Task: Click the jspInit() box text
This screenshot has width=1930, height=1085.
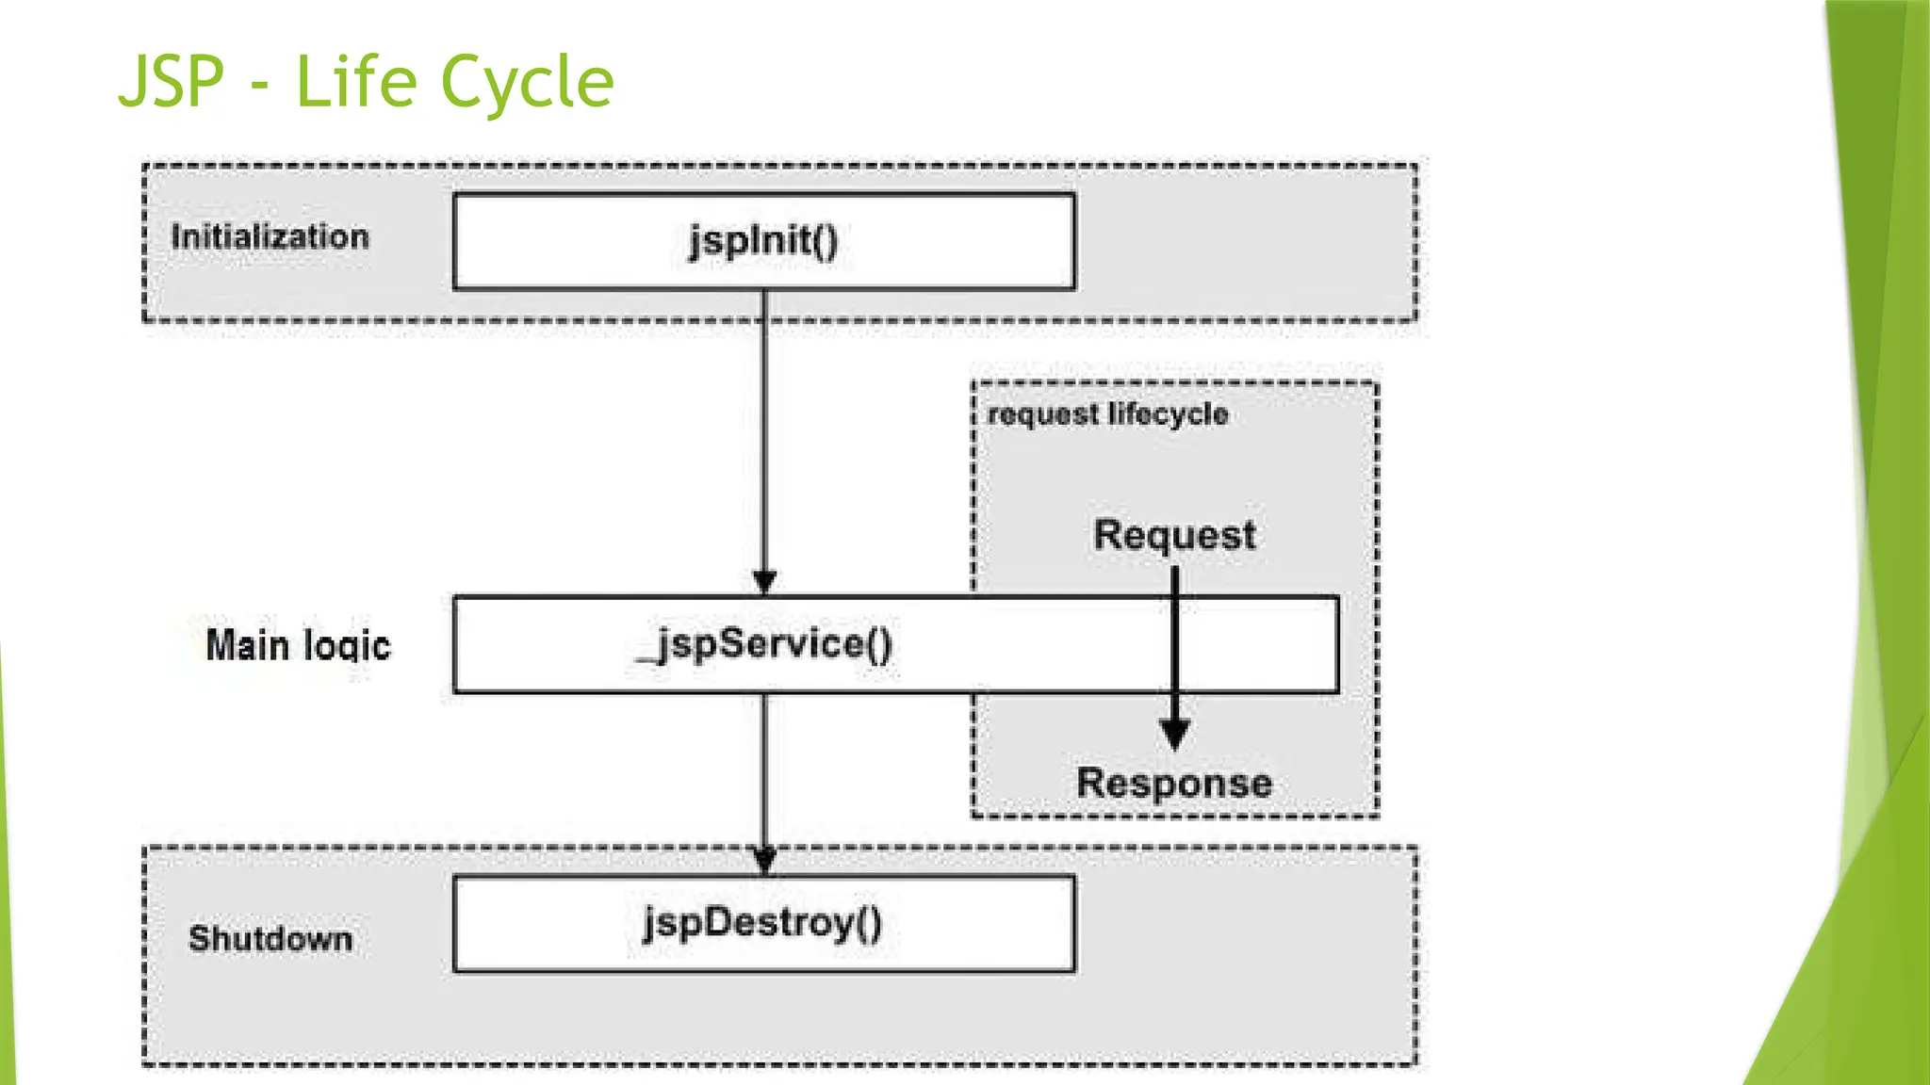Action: (x=763, y=241)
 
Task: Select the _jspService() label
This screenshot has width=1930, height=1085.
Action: (x=765, y=645)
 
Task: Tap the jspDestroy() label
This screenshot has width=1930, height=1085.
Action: (x=762, y=923)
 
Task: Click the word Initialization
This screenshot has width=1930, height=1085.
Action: (x=270, y=236)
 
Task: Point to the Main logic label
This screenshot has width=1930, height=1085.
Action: (x=298, y=646)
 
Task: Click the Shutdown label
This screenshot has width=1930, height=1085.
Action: (x=270, y=938)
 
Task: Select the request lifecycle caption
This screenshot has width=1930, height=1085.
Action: (x=1107, y=414)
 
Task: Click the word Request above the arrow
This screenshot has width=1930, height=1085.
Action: (x=1174, y=535)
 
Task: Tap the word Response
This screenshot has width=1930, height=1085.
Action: (x=1174, y=784)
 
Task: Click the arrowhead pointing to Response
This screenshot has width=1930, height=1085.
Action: (x=1174, y=734)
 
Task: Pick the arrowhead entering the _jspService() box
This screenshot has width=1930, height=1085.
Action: (x=765, y=582)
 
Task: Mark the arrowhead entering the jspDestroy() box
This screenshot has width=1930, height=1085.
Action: (x=765, y=860)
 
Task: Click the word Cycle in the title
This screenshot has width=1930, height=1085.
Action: (x=528, y=83)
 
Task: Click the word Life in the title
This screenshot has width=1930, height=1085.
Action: (x=356, y=83)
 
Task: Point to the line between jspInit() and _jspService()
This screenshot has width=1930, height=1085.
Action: (x=764, y=433)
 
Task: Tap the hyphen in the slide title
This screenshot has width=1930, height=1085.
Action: (x=261, y=88)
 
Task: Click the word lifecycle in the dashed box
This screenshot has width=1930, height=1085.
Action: (x=1168, y=414)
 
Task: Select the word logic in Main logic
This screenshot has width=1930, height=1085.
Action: (x=346, y=646)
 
